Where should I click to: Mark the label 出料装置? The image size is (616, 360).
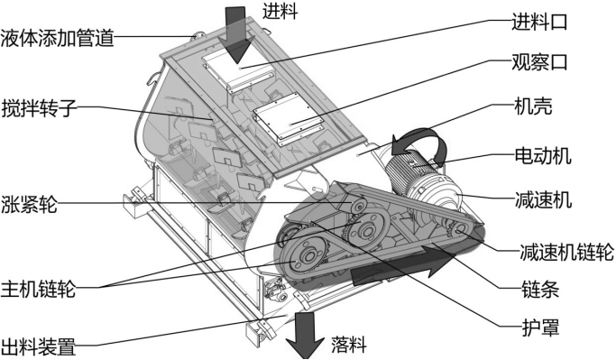(38, 345)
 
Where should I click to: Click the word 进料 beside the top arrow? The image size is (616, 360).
(280, 13)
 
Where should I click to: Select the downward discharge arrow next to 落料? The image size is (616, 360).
(306, 335)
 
